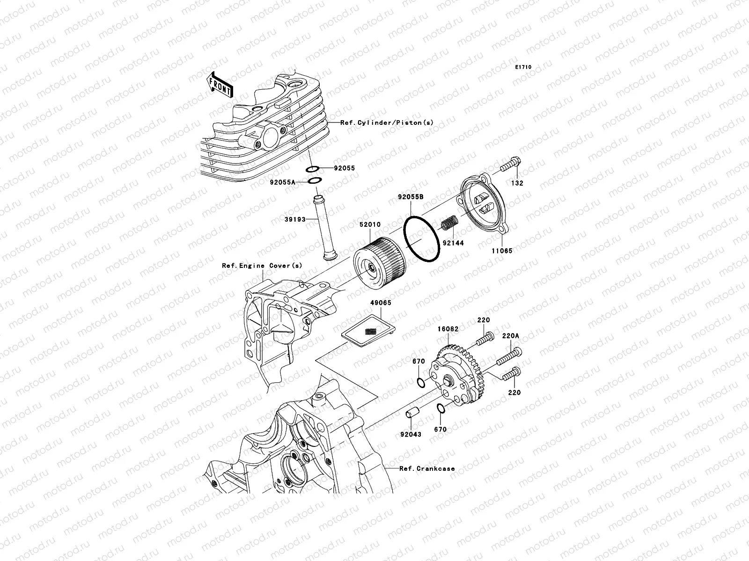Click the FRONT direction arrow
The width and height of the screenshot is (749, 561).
[x=220, y=85]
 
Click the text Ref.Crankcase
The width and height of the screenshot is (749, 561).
[x=426, y=468]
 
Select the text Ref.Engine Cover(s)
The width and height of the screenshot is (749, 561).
[x=262, y=266]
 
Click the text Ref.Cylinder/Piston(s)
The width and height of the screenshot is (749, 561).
[x=387, y=122]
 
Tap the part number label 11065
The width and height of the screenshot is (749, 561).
[x=502, y=251]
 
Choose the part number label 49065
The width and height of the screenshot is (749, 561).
[x=380, y=303]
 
